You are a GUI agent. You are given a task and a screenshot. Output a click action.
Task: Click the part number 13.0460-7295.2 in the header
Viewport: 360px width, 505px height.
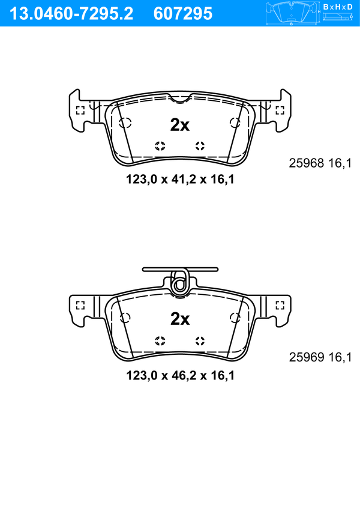(x=71, y=14)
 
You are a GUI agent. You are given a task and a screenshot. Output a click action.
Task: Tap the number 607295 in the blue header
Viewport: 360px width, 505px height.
(x=183, y=14)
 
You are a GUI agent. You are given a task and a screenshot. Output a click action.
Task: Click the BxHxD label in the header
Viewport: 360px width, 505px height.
(x=337, y=7)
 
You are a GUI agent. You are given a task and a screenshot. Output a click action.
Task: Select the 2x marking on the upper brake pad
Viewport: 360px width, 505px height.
(x=180, y=125)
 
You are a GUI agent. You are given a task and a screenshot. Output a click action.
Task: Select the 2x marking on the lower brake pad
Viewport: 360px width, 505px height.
(x=180, y=319)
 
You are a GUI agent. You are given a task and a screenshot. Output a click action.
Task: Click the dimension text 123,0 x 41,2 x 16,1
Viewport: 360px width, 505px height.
(x=180, y=180)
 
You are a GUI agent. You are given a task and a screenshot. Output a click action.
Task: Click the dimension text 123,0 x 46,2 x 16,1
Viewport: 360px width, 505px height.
(x=180, y=375)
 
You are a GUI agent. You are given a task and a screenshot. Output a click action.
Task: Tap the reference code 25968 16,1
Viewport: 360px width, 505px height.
(x=320, y=163)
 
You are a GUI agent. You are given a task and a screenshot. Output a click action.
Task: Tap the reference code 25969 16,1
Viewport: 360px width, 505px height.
(x=320, y=357)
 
